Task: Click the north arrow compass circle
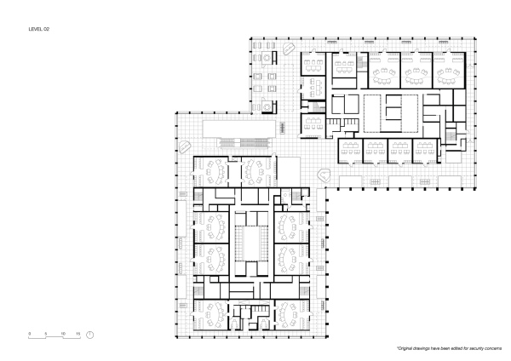(91, 334)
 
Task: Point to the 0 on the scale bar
(30, 333)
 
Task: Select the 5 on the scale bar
(45, 333)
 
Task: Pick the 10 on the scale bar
(62, 333)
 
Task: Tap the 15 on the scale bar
(78, 333)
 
